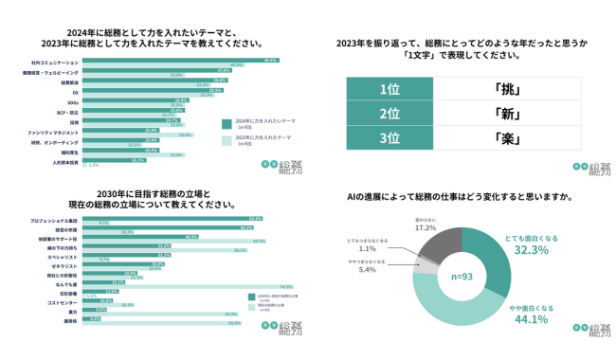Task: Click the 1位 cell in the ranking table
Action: (x=389, y=89)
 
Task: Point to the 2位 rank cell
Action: (x=389, y=114)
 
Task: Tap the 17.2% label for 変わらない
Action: (x=426, y=228)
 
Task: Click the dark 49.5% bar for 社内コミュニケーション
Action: (x=180, y=61)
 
